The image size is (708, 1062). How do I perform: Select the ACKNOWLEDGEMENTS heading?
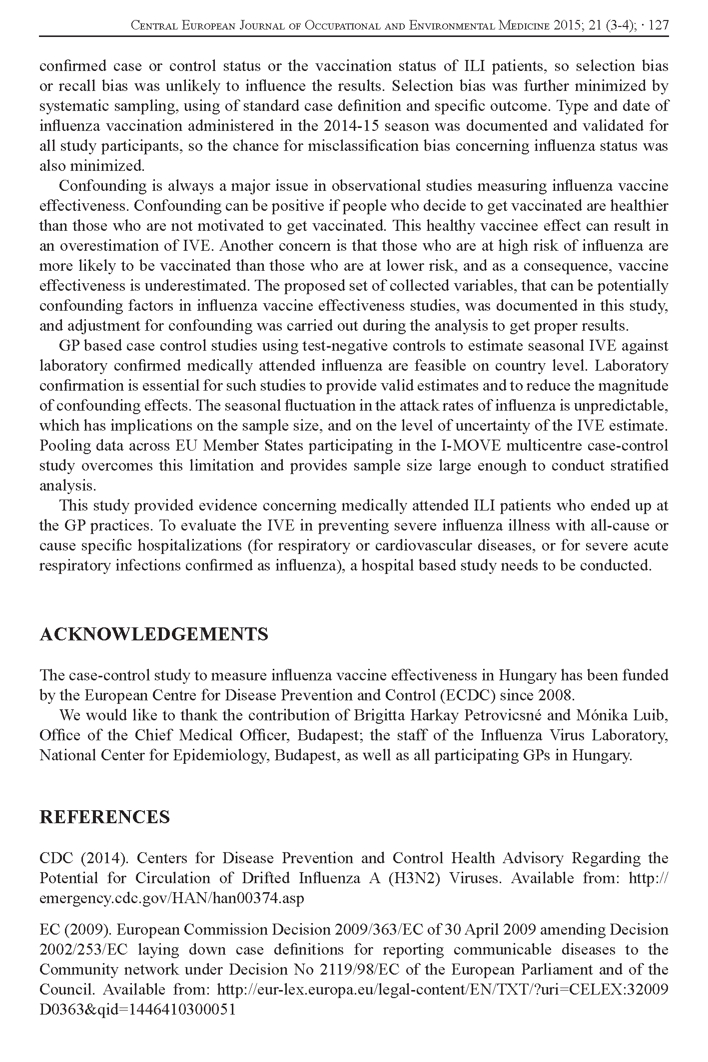pyautogui.click(x=154, y=634)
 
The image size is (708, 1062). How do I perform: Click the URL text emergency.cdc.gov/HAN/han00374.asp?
pyautogui.click(x=171, y=898)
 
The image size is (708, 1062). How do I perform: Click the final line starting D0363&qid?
pyautogui.click(x=137, y=1010)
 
